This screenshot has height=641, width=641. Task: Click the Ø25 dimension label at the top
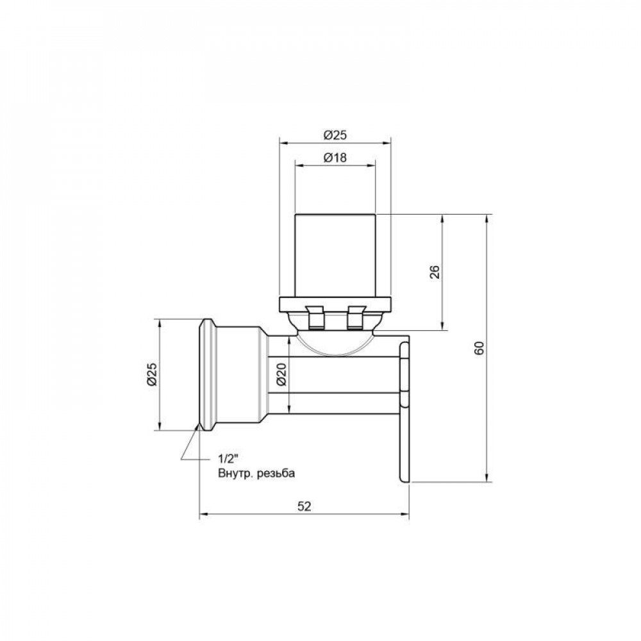[335, 135]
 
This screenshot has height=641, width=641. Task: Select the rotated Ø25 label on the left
[151, 374]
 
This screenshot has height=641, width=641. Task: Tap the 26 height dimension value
[434, 272]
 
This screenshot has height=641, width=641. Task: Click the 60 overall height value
[479, 348]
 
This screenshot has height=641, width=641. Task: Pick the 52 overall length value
[304, 506]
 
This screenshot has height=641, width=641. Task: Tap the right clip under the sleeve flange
[354, 319]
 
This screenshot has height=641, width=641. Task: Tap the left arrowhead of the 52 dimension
[204, 513]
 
